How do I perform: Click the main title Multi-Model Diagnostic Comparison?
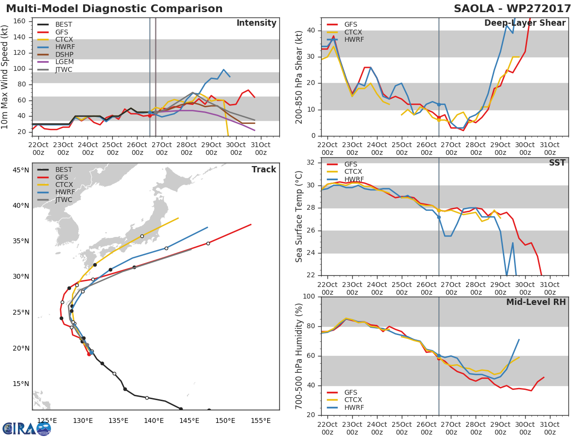114,9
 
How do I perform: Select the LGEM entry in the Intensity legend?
64,62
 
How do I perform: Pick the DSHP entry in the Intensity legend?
64,54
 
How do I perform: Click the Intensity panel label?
256,23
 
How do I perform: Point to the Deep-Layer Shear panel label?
525,23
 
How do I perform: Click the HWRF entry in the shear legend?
353,39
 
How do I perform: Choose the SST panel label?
557,163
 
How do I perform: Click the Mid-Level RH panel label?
536,303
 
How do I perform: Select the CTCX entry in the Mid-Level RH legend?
353,400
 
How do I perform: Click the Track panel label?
264,169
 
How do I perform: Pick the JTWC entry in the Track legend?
64,200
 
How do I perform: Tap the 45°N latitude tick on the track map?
21,170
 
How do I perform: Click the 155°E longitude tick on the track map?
261,420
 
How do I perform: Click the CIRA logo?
26,428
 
